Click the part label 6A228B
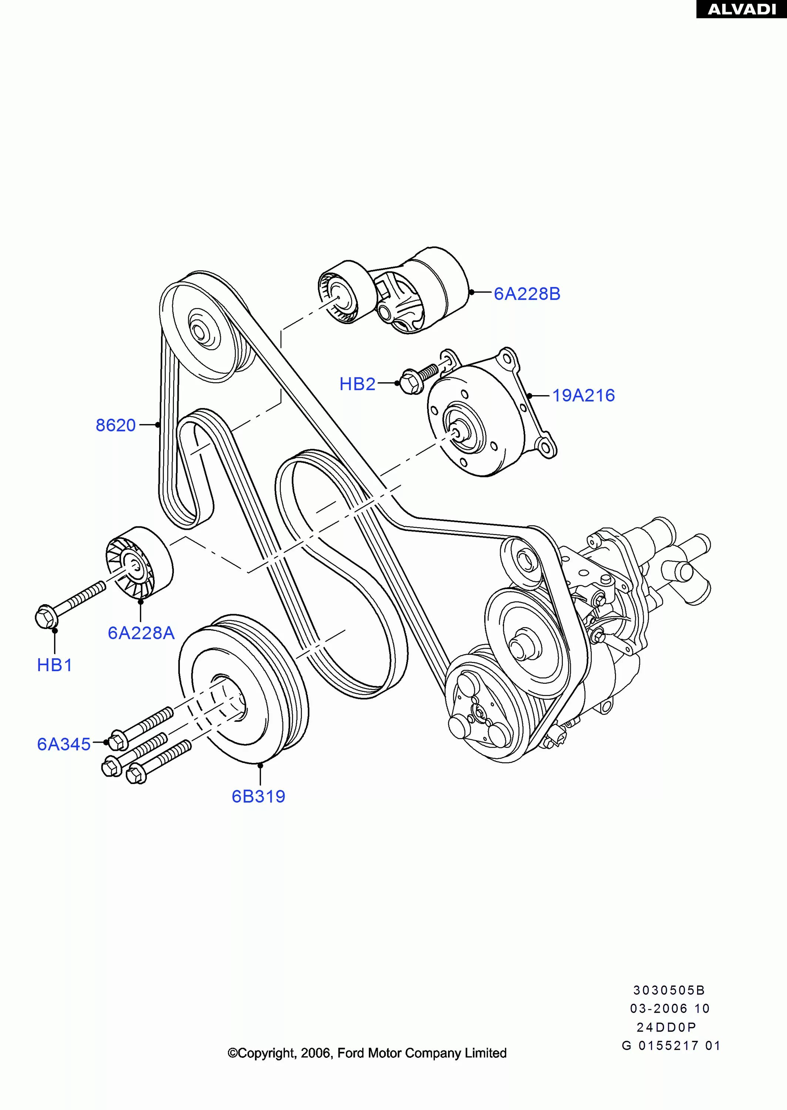point(527,294)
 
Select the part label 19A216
point(583,396)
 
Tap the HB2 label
point(357,384)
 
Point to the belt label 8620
point(115,425)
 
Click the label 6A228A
point(141,633)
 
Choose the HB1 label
point(54,665)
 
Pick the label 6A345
point(64,744)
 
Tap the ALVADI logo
point(741,9)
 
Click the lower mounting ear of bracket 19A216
point(546,446)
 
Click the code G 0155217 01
point(671,1046)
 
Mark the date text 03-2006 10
point(669,1009)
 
